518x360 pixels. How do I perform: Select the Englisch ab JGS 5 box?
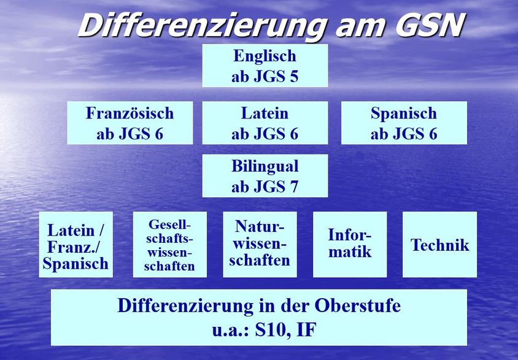coord(265,66)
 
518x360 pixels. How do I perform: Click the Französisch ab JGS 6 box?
coord(130,123)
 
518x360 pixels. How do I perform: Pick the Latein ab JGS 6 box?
coord(265,123)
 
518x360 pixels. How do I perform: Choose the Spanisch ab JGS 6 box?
coord(404,123)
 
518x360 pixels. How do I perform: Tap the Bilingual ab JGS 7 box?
coord(265,176)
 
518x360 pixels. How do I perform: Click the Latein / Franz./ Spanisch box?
coord(76,245)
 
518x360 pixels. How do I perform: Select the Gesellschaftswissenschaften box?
coord(170,245)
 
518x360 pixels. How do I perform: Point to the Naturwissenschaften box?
coord(260,245)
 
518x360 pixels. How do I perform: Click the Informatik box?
coord(350,245)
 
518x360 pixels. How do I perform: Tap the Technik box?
coord(439,245)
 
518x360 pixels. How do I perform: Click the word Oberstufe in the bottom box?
coord(357,305)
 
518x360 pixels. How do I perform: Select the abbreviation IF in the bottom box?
coord(307,330)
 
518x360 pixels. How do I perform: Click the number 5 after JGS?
coord(294,77)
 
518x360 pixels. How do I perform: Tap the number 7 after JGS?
coord(294,187)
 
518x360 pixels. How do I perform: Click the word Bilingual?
coord(265,166)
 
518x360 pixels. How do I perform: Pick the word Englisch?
coord(265,56)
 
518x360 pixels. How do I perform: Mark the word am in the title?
coord(360,28)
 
